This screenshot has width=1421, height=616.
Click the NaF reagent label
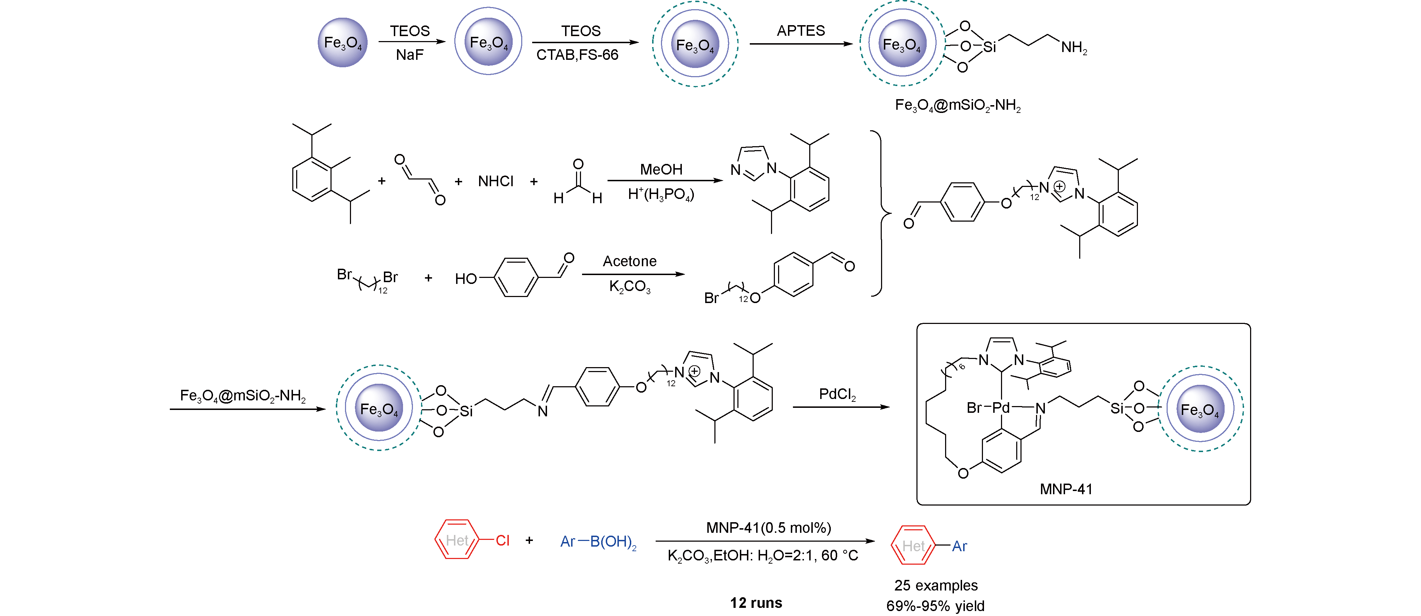(409, 55)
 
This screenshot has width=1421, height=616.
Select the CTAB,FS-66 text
(577, 55)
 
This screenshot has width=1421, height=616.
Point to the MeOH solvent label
(661, 170)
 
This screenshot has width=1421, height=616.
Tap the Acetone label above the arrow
(629, 261)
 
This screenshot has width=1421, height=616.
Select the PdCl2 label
(837, 394)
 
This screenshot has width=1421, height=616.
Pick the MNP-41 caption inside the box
(1066, 489)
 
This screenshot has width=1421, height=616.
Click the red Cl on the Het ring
(502, 540)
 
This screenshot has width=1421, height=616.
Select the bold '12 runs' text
(756, 603)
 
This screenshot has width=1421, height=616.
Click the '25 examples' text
(936, 585)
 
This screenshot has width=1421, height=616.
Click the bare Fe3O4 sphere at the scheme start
(343, 42)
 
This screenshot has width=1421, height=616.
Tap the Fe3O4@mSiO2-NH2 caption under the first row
(957, 105)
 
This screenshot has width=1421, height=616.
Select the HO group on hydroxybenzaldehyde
(466, 279)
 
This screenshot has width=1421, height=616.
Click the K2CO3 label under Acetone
(629, 286)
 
